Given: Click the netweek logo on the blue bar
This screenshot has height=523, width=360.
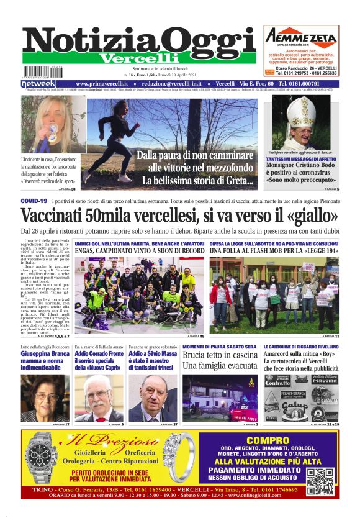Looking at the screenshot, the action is pyautogui.click(x=38, y=83).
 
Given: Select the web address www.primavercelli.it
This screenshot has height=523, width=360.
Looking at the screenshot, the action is pyautogui.click(x=102, y=83).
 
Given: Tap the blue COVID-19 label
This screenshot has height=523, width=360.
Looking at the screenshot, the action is pyautogui.click(x=34, y=202).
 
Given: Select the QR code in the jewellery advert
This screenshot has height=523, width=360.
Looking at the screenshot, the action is pyautogui.click(x=320, y=481).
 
